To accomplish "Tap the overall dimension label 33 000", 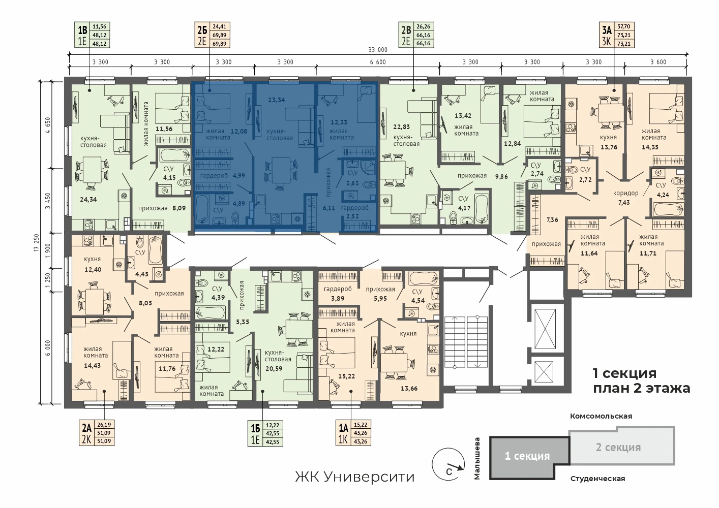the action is click(x=378, y=50).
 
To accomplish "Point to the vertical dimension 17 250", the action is click(x=37, y=243).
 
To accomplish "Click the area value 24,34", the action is click(x=88, y=199).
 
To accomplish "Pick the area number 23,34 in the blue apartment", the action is click(x=277, y=100).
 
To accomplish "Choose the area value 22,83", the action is click(x=401, y=126).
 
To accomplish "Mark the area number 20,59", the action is click(x=274, y=368).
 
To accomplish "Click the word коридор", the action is click(x=625, y=193).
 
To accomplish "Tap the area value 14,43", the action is click(x=92, y=365).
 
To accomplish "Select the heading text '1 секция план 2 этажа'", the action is click(x=641, y=380).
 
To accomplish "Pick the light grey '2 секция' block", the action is click(x=622, y=447).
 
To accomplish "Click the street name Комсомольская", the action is click(x=601, y=416).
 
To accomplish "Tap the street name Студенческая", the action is click(x=597, y=479).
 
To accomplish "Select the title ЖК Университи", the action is click(x=355, y=477).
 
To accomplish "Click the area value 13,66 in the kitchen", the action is click(x=409, y=389).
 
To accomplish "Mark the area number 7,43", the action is click(x=624, y=202).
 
